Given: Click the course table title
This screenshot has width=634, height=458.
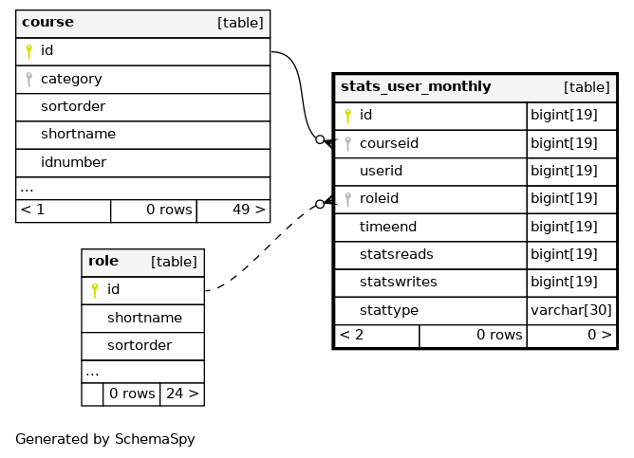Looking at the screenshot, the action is (x=47, y=22).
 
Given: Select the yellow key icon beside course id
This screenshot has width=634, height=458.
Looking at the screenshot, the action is (x=28, y=51).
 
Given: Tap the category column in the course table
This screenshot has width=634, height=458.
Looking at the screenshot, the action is (x=71, y=79).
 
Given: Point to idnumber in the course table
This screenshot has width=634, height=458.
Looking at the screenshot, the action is (x=73, y=162).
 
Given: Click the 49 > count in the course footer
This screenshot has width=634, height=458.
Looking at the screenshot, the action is (x=249, y=210).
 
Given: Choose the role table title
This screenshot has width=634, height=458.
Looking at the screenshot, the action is (x=103, y=261).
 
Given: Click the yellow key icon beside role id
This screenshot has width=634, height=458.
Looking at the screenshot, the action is (x=95, y=290).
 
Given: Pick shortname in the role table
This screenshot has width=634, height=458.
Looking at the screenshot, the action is (x=144, y=318).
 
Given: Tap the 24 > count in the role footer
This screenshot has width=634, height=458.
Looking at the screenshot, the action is (x=182, y=393).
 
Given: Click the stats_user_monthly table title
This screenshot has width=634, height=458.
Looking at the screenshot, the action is (x=416, y=86).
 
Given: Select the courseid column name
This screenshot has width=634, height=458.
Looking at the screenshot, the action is (x=389, y=143).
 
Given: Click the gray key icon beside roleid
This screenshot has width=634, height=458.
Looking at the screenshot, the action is (x=347, y=199).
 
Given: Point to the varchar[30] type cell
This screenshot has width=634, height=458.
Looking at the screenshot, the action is (x=571, y=310).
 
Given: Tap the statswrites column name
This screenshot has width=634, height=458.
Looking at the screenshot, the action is (x=399, y=282).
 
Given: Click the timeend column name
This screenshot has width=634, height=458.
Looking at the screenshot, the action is (x=388, y=227).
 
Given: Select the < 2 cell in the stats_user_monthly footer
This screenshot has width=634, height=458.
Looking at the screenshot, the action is (x=351, y=335).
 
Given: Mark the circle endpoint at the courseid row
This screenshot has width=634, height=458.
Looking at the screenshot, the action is (x=320, y=139).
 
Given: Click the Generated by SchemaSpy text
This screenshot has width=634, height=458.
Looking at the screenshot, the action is (x=105, y=439).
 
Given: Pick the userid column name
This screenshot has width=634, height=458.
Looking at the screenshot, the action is (x=381, y=171).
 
